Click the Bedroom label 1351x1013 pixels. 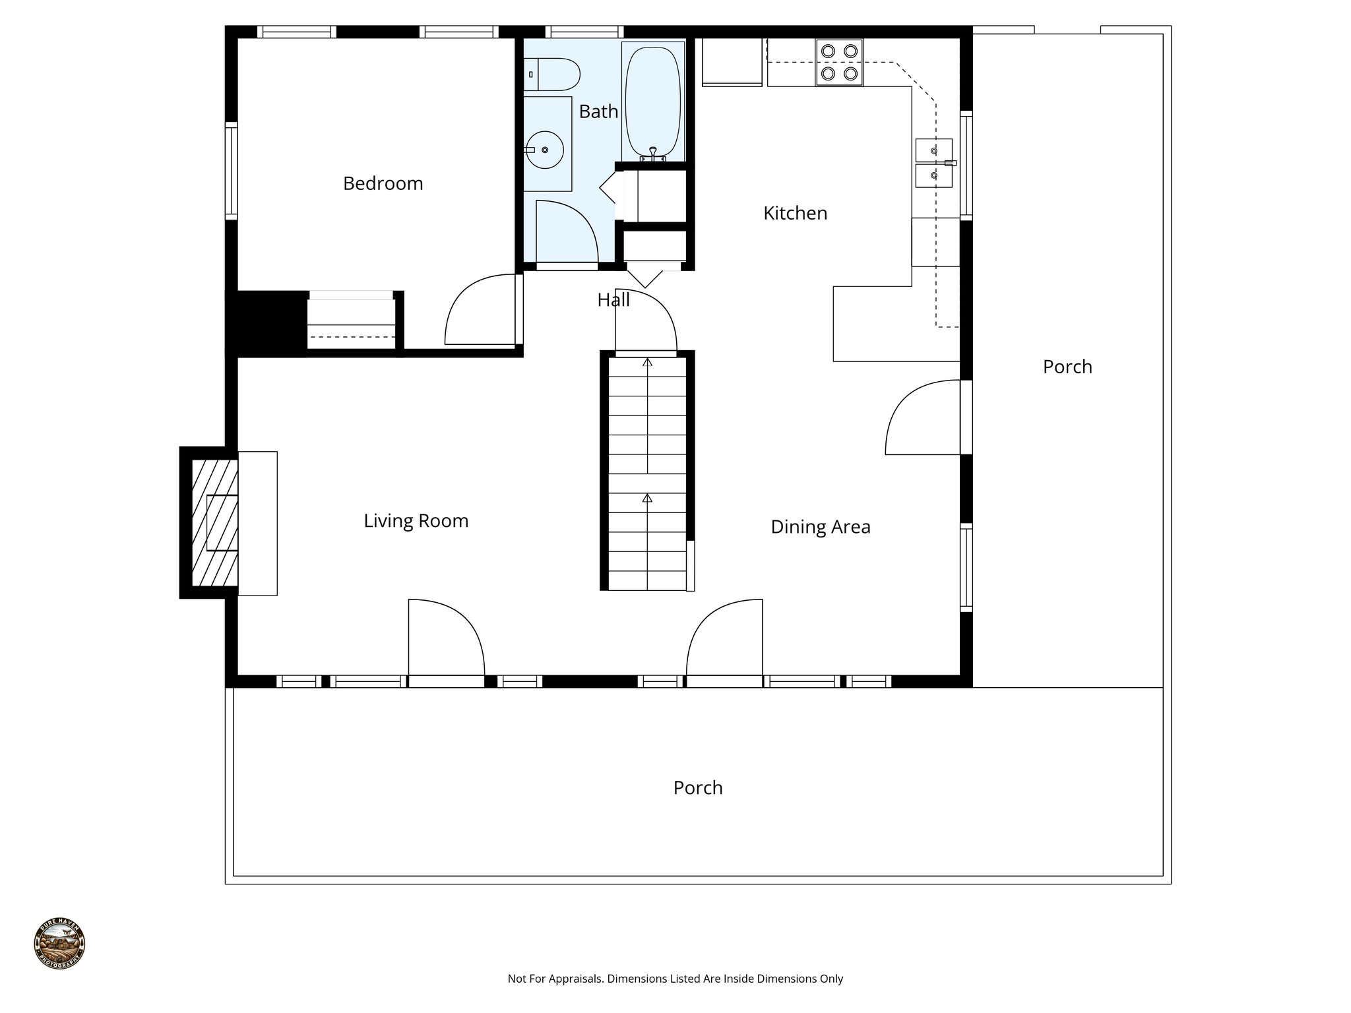[383, 183]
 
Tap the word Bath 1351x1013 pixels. [598, 111]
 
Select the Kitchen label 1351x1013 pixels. [795, 213]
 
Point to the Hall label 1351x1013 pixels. [613, 300]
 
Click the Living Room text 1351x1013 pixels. [416, 521]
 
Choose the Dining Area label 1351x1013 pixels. [821, 527]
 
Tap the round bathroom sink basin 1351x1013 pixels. [545, 150]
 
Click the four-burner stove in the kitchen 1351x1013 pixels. [839, 63]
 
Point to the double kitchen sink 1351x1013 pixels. [933, 164]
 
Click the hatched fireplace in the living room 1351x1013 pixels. [214, 522]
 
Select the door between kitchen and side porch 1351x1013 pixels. [922, 417]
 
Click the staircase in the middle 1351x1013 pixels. [647, 472]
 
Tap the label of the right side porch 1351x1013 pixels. [1067, 367]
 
